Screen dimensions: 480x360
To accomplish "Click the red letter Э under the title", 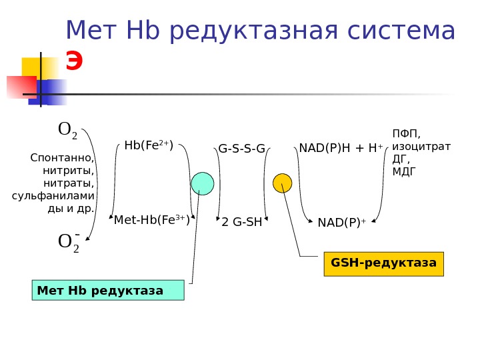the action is tap(74, 62).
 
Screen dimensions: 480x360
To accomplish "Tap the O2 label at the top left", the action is tap(68, 129).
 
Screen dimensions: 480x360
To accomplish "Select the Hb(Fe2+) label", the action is tap(149, 145).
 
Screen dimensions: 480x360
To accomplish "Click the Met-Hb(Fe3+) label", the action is tap(152, 220).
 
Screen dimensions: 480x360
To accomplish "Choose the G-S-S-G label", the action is tap(241, 148).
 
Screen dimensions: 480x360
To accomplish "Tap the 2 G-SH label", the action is tap(242, 222).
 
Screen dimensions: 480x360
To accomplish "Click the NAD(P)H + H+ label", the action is tap(341, 147).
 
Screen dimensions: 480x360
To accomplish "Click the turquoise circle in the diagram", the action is tap(203, 183).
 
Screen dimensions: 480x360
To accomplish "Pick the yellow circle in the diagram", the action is tap(283, 183).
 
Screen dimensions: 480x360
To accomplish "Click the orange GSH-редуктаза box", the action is tap(383, 263).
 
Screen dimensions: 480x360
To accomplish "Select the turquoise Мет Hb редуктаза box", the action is tap(108, 291).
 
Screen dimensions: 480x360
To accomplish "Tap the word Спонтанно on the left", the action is tap(62, 157).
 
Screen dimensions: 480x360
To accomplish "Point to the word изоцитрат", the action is tap(421, 146).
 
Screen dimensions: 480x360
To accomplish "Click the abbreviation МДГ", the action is tap(404, 171).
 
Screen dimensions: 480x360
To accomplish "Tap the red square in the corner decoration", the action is tap(21, 87).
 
